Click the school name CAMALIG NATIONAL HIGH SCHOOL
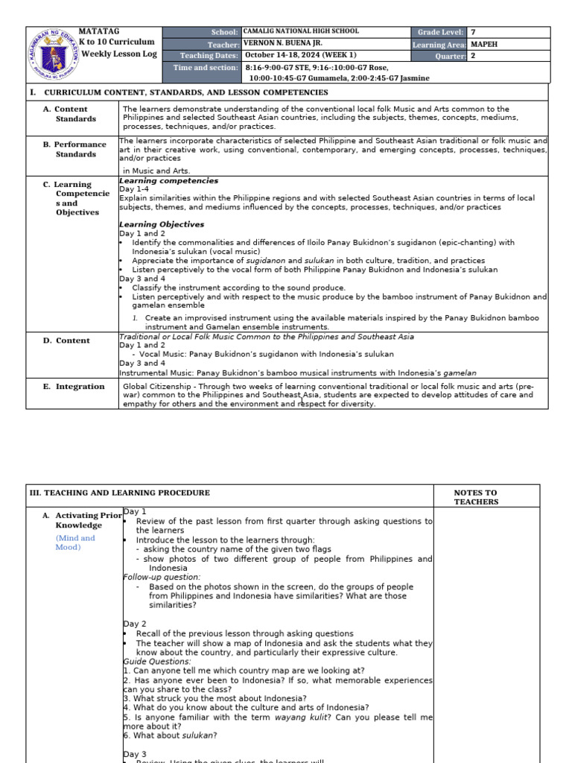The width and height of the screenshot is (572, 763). (x=301, y=32)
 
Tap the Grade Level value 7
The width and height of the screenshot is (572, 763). (x=473, y=32)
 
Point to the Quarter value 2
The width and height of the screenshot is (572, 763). (x=473, y=56)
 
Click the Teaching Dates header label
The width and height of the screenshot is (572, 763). (x=209, y=56)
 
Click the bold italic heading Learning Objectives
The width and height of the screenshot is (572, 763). (x=162, y=224)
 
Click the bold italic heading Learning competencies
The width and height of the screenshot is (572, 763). (x=169, y=180)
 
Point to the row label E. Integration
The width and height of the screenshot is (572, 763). (x=74, y=387)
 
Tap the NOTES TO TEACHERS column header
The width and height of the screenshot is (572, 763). (x=475, y=497)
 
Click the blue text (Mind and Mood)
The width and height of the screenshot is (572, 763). (x=75, y=542)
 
